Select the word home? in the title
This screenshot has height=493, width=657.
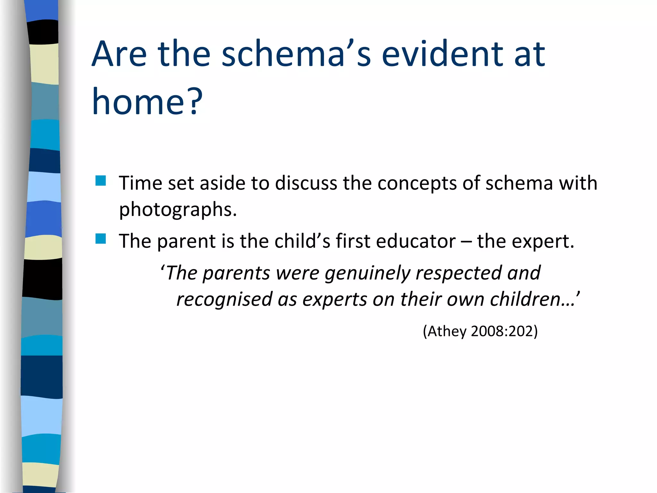(147, 102)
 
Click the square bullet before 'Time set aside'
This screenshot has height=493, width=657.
(101, 181)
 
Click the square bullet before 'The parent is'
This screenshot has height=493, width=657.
(101, 239)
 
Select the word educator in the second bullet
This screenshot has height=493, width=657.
(415, 241)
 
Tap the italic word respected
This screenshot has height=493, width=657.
(458, 273)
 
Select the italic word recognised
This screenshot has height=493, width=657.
(225, 299)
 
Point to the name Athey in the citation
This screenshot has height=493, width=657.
(447, 331)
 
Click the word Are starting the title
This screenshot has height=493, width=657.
(119, 55)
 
